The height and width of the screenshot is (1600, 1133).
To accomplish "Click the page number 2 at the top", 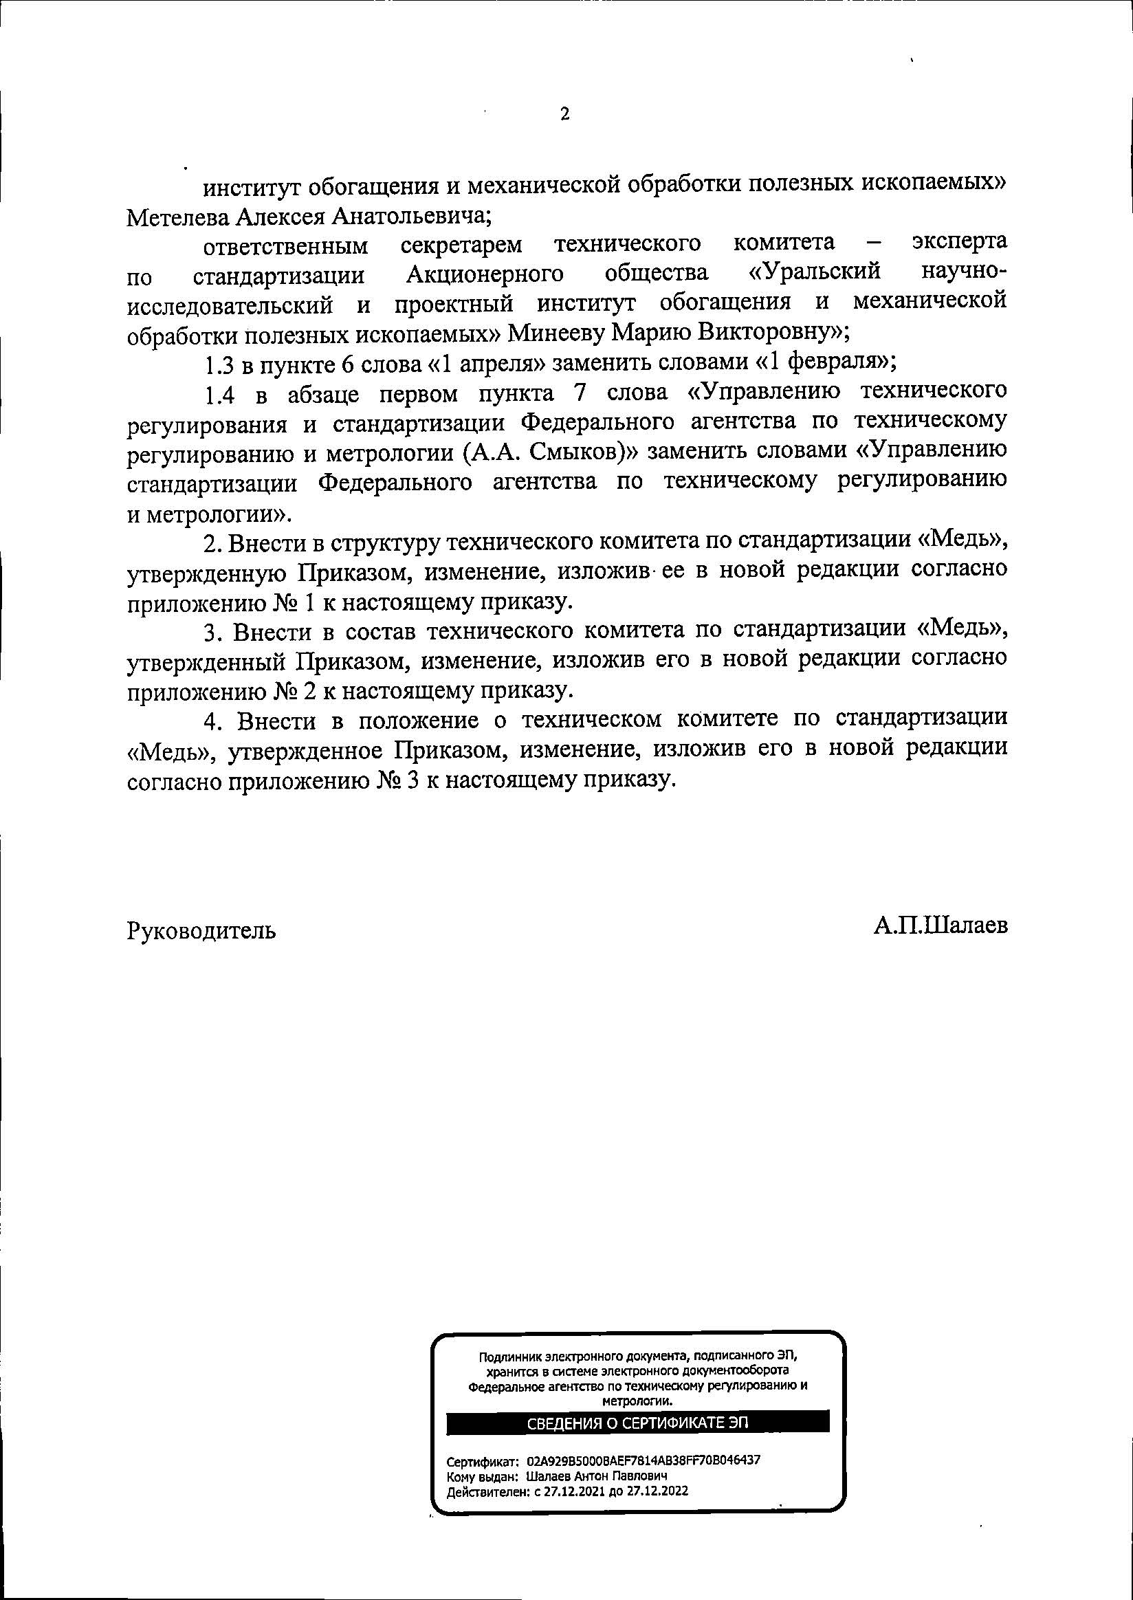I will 564,113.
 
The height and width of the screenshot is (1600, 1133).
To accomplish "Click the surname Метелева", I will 178,218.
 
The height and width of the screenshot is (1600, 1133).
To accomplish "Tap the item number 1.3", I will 220,364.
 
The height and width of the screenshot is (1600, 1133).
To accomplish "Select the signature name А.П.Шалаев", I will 940,926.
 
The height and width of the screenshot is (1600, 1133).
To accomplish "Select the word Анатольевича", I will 412,218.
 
